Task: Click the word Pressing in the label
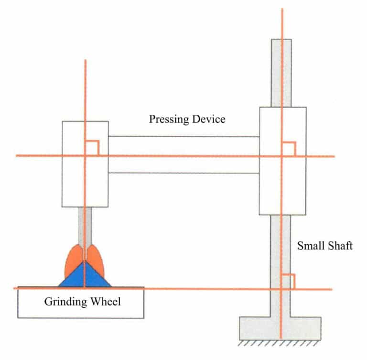pyautogui.click(x=168, y=119)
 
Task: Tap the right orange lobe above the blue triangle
pyautogui.click(x=96, y=261)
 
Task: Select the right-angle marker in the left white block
pyautogui.click(x=92, y=148)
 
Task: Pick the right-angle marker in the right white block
pyautogui.click(x=289, y=149)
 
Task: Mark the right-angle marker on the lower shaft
pyautogui.click(x=288, y=282)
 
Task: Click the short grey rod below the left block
pyautogui.click(x=85, y=225)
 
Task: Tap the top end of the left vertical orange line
pyautogui.click(x=85, y=61)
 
